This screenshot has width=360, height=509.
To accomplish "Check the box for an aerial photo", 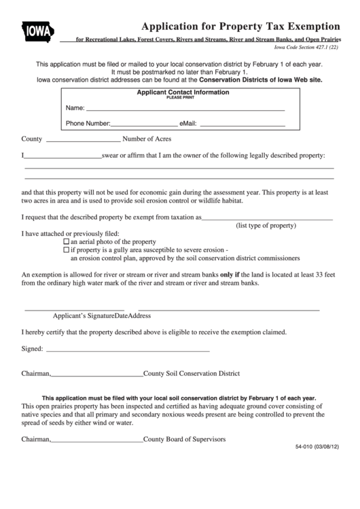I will [x=66, y=242].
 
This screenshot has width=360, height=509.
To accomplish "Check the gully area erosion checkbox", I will [x=66, y=250].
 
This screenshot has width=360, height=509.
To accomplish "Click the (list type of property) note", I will [x=266, y=225].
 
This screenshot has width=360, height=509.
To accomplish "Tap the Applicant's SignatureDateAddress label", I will [x=102, y=316].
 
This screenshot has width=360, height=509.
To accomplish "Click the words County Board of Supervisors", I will [x=184, y=439].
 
